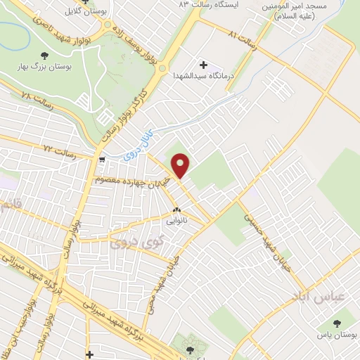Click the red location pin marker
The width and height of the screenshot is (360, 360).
[x=181, y=166]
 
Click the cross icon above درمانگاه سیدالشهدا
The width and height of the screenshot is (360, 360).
[x=204, y=65]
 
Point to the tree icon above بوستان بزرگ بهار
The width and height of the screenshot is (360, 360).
[x=45, y=55]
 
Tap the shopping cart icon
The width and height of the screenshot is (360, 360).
[x=103, y=160]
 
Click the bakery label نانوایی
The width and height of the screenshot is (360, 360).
[x=176, y=219]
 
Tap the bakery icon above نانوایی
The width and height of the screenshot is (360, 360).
[x=176, y=210]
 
